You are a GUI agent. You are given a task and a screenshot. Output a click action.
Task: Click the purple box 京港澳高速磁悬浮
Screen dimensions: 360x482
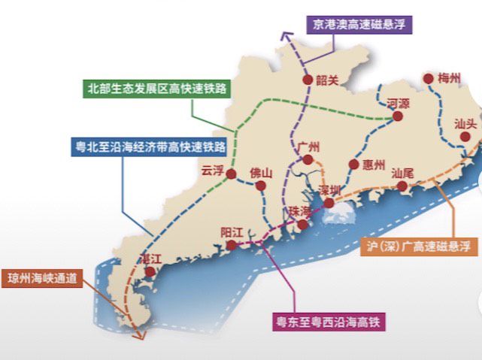pyautogui.click(x=359, y=23)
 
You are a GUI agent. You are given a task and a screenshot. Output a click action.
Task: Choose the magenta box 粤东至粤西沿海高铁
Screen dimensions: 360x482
pyautogui.click(x=328, y=323)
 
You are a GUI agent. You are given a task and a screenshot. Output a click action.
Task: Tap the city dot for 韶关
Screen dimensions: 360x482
pyautogui.click(x=307, y=80)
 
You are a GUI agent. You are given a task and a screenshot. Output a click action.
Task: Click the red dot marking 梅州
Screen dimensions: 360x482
pyautogui.click(x=429, y=78)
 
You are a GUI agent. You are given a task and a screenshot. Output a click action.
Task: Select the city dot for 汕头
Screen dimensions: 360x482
pyautogui.click(x=465, y=137)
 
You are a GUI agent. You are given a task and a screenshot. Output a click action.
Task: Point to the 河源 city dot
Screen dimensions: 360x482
pyautogui.click(x=399, y=117)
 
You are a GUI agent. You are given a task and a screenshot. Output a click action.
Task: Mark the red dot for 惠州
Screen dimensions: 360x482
pyautogui.click(x=353, y=165)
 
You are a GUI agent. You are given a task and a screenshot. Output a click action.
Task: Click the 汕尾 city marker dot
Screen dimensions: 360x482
pyautogui.click(x=402, y=186)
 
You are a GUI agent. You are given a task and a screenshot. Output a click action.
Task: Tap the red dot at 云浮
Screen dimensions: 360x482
pyautogui.click(x=232, y=174)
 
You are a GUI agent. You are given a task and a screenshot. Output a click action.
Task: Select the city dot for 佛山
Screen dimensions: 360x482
pyautogui.click(x=260, y=185)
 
